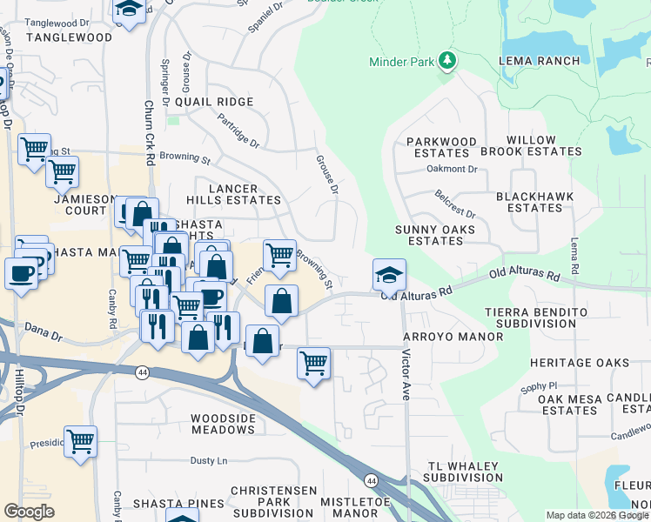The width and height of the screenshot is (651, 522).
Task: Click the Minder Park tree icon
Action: tap(448, 61)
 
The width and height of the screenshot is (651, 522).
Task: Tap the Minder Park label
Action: tap(400, 62)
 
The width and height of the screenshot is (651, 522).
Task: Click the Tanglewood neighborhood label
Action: tap(70, 37)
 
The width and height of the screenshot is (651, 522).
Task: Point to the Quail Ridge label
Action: tap(214, 102)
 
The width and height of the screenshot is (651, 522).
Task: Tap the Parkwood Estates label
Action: tap(442, 147)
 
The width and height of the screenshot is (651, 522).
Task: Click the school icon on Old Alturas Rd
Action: tap(389, 275)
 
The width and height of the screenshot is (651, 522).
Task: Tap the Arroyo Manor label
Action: tap(453, 337)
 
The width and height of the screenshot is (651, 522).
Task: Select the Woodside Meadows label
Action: tap(223, 425)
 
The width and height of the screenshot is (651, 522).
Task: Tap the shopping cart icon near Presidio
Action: tap(80, 440)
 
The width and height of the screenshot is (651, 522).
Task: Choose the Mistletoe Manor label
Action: tap(339, 507)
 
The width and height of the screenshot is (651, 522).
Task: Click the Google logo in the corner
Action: tap(29, 512)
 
